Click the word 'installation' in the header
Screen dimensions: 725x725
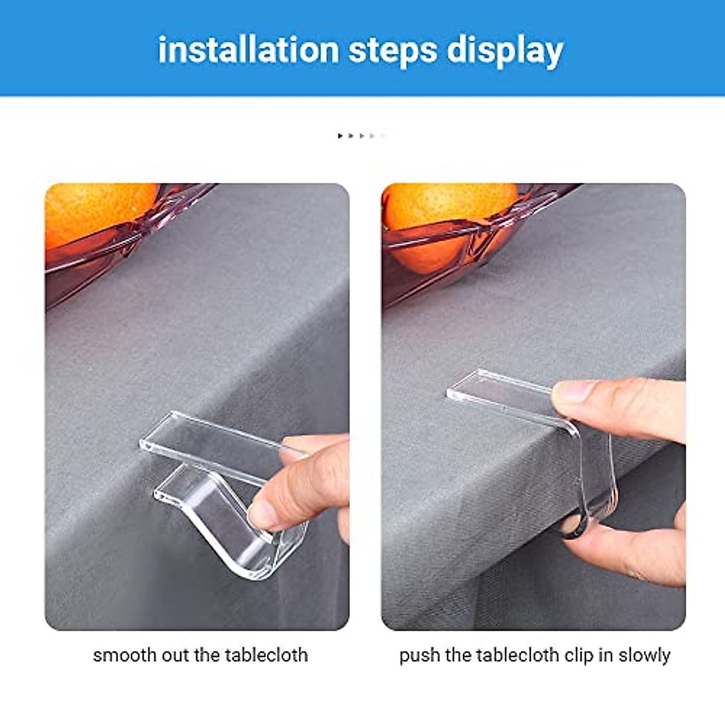(248, 50)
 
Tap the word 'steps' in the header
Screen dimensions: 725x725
(393, 50)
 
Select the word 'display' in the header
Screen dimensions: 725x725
(504, 51)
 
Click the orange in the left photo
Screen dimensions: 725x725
(97, 211)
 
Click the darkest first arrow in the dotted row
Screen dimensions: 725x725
(340, 136)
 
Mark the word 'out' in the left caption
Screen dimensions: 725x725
(176, 656)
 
